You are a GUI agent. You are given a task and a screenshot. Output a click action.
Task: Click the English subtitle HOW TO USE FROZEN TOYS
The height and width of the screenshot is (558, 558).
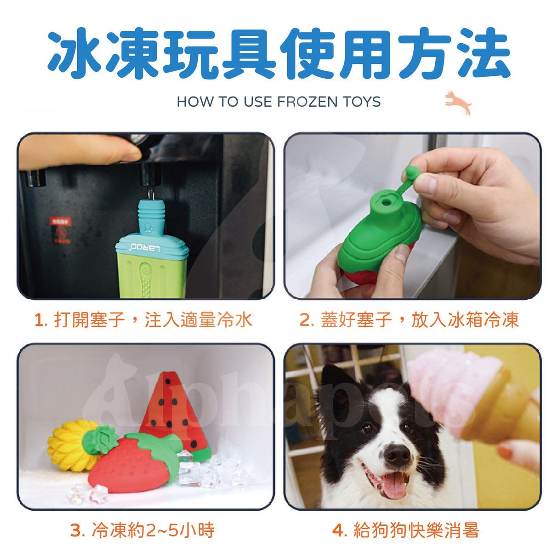(x=279, y=102)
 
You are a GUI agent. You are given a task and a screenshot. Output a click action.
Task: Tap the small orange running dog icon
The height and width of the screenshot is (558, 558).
(x=458, y=102)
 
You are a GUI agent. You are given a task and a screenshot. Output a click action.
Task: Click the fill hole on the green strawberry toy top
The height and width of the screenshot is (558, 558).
(x=386, y=201)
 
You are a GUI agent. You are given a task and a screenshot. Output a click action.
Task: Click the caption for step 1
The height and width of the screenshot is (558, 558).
(x=143, y=319)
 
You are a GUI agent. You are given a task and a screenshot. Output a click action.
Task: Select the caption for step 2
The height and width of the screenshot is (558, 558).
(x=409, y=319)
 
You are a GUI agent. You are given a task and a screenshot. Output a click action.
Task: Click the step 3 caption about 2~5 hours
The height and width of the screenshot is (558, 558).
(x=142, y=530)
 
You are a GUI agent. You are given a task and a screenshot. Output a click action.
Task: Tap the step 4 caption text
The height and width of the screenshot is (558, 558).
(x=406, y=530)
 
